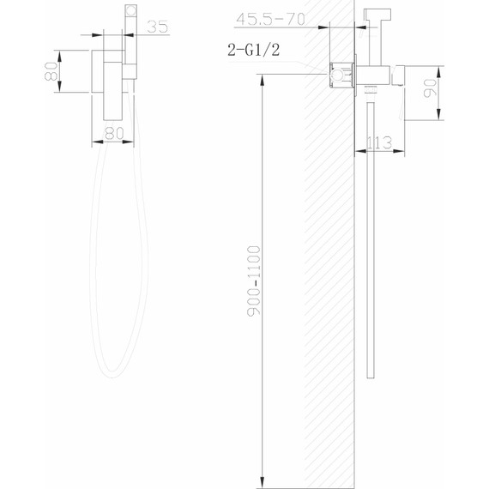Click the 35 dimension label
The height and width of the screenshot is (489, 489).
point(157,26)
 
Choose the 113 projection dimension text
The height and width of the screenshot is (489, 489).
point(378,142)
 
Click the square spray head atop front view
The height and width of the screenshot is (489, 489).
point(130,15)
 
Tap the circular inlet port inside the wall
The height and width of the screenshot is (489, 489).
point(337,77)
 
